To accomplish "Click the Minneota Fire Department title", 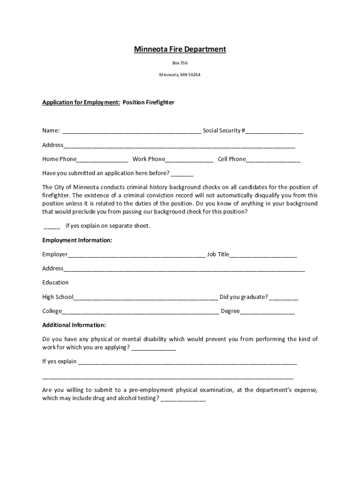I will pos(180,49).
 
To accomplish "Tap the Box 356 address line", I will pos(180,62).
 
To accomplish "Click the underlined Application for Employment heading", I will pos(81,102).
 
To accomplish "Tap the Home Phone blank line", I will pos(102,160).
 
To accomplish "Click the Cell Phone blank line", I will pos(273,160).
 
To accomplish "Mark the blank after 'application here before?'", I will pos(182,174).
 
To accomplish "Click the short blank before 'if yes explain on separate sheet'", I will pos(52,226).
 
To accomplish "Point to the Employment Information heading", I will pos(77,240).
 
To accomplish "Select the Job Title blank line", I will pos(263,255).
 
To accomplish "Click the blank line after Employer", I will pos(136,255).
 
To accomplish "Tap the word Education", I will pos(55,283).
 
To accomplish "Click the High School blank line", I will pos(145,298).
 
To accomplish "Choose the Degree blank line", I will pos(267,312).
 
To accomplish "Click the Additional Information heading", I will pos(74,325).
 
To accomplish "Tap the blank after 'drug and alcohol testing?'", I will pos(183,399).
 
